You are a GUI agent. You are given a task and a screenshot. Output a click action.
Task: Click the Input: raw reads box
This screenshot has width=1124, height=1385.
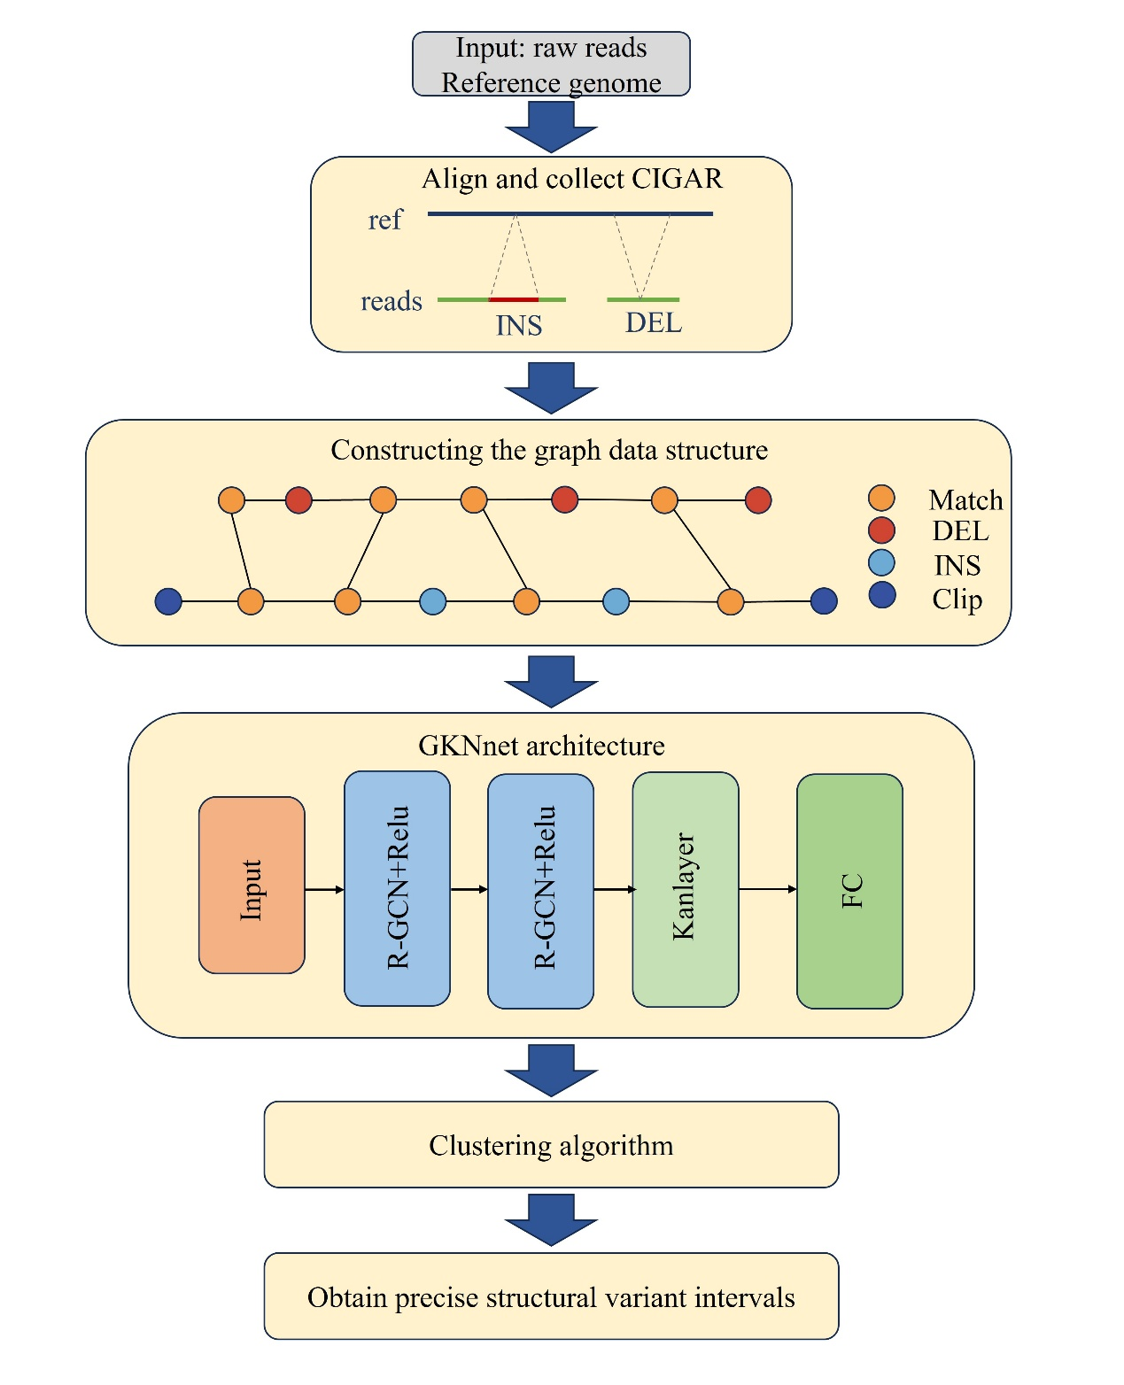click(x=551, y=64)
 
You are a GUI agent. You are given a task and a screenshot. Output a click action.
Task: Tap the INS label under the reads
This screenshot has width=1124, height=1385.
click(x=518, y=326)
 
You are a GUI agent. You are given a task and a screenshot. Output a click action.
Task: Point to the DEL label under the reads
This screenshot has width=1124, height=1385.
click(x=654, y=322)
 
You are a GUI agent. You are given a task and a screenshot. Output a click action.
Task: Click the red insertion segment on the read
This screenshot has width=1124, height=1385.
click(x=514, y=300)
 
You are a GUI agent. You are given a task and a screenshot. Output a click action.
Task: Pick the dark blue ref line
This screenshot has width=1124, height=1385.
click(x=570, y=213)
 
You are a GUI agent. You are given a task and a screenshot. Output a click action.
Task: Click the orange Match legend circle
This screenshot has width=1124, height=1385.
click(x=881, y=498)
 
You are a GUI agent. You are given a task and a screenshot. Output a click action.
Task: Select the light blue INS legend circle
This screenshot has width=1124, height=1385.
click(x=881, y=563)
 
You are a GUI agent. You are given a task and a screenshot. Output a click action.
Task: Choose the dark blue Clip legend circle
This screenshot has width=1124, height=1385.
click(x=881, y=595)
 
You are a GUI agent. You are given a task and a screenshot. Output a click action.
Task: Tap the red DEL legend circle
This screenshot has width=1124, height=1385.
click(x=881, y=530)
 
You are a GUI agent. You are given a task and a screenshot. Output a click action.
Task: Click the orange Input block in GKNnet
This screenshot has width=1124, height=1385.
click(x=252, y=885)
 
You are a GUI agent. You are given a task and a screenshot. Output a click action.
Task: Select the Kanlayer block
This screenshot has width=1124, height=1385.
click(x=685, y=889)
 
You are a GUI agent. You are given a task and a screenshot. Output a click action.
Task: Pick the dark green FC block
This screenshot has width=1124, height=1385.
click(x=849, y=891)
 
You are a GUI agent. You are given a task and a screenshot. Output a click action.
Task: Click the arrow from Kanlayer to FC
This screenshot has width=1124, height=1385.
click(x=767, y=889)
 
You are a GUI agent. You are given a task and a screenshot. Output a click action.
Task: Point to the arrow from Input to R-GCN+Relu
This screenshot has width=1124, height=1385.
click(x=324, y=889)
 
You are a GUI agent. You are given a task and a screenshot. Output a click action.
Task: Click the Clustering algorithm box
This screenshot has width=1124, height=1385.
click(x=551, y=1144)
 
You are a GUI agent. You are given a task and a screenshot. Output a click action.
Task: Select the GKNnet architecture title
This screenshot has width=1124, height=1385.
click(x=541, y=746)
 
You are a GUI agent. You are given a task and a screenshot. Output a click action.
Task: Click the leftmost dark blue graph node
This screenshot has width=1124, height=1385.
click(x=168, y=601)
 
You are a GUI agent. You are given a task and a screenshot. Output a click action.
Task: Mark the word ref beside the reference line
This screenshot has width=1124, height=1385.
click(x=384, y=220)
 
